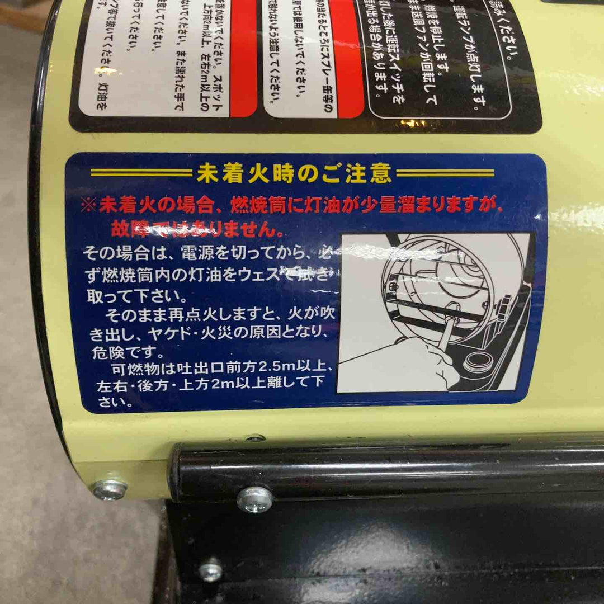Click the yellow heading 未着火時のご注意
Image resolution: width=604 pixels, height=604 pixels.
(294, 174)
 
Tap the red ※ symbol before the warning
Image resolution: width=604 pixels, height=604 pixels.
(89, 206)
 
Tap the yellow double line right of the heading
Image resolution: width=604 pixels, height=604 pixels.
(445, 173)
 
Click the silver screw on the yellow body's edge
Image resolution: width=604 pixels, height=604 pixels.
(110, 489)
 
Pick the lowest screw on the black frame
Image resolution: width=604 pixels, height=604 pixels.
(211, 571)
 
